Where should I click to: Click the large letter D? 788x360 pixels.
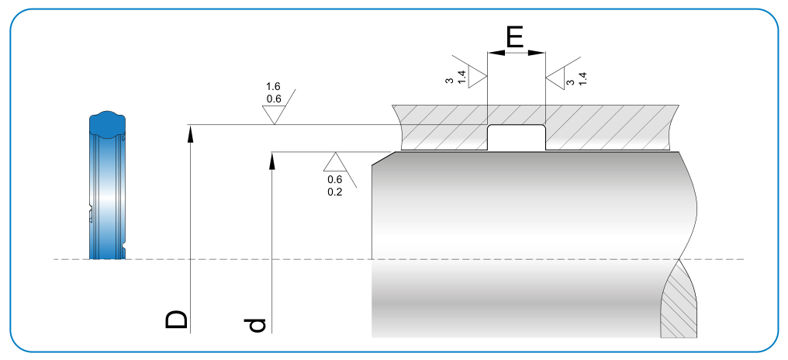tap(176, 320)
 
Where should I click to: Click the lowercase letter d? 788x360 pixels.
tap(256, 325)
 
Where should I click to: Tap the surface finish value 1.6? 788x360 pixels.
tap(273, 86)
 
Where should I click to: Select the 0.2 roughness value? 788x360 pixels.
tap(335, 192)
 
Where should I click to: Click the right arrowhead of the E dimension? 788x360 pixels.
tap(536, 52)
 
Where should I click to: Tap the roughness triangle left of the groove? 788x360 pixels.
tap(477, 77)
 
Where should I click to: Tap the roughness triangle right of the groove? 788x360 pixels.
tap(556, 78)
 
